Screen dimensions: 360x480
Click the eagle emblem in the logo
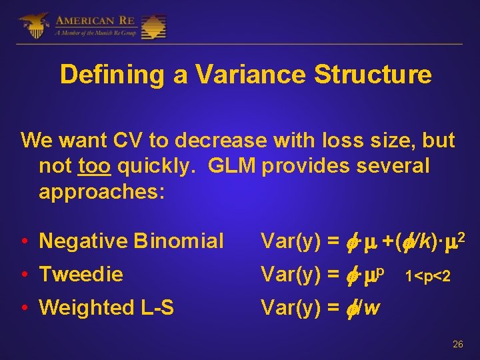coord(33,26)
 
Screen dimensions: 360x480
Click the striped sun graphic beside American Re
coord(153,26)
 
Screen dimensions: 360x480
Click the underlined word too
coord(93,166)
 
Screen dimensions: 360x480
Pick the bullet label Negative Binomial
coord(131,241)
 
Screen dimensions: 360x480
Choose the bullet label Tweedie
coord(81,274)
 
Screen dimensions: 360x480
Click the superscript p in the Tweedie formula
coord(383,269)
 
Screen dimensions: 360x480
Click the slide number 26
coord(457,345)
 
